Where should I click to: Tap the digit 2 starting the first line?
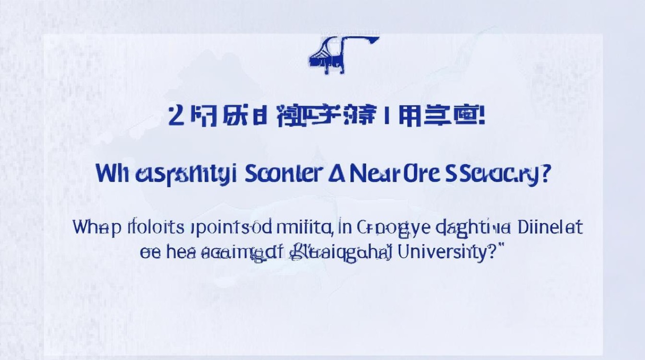[x=177, y=117]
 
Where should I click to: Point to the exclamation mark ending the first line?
[x=481, y=117]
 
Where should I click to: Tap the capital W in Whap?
[x=83, y=227]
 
